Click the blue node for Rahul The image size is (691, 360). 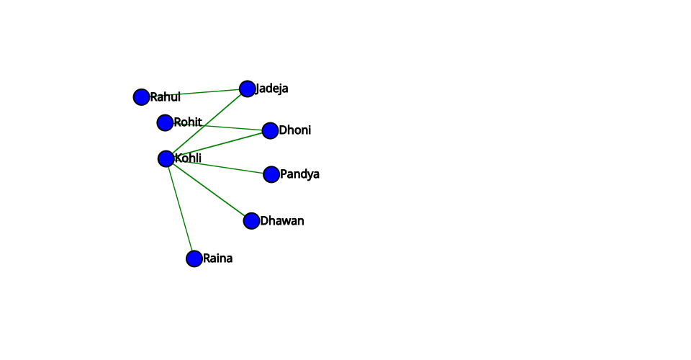141,96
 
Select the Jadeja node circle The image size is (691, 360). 247,89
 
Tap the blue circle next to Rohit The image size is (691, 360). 165,122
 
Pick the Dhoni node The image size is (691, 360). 270,130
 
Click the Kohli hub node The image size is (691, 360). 166,158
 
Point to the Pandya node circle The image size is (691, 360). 271,174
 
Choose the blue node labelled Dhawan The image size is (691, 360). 251,221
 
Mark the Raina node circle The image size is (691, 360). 194,258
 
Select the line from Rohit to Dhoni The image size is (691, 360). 230,127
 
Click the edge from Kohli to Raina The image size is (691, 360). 180,209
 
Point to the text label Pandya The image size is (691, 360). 299,174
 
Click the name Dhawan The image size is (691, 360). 282,221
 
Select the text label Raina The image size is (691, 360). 217,258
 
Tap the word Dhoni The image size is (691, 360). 295,130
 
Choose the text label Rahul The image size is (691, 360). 165,97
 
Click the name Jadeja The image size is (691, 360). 273,89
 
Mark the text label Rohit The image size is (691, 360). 188,122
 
